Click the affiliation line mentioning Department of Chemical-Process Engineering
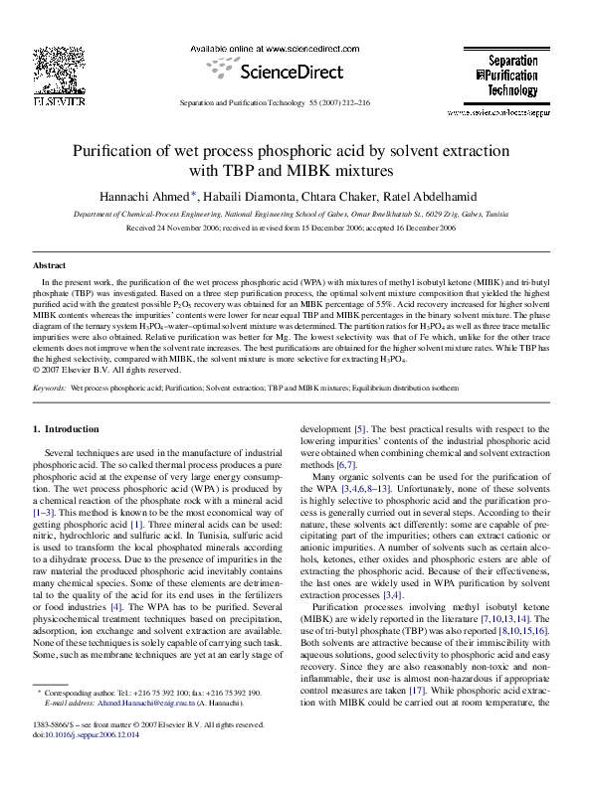(x=296, y=213)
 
